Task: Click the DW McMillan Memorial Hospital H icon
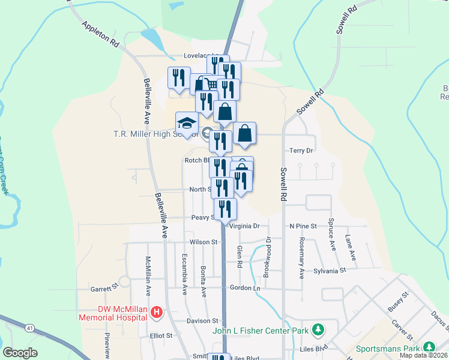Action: point(157,312)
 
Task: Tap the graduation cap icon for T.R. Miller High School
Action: point(187,123)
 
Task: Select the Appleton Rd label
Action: point(100,35)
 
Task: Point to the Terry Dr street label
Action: point(301,151)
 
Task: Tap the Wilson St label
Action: point(203,242)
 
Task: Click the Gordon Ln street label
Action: point(245,288)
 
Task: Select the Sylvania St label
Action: point(330,271)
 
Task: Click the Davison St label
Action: point(202,321)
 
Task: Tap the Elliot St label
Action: point(161,335)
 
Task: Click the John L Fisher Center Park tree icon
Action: point(318,330)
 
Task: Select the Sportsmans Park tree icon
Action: point(429,347)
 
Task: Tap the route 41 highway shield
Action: point(29,328)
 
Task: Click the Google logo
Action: point(20,352)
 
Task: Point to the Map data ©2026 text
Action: point(423,355)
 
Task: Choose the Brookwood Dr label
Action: point(267,257)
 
